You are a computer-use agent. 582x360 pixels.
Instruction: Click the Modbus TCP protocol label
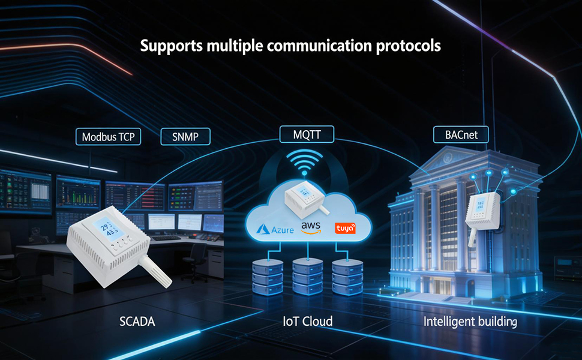(109, 137)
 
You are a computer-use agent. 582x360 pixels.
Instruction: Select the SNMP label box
(185, 137)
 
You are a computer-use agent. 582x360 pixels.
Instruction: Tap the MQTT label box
(307, 134)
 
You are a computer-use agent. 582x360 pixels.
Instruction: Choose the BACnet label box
(461, 135)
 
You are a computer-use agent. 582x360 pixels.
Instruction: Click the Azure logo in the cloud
(275, 229)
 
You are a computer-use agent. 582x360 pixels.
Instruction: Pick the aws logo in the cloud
(311, 227)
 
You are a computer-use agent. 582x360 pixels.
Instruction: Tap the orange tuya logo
(345, 228)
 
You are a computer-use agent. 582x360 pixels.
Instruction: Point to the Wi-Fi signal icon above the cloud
(304, 162)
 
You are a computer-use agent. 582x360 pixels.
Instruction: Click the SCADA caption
(137, 322)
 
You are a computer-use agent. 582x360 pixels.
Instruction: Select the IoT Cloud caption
(308, 322)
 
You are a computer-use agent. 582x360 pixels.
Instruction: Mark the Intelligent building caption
(470, 322)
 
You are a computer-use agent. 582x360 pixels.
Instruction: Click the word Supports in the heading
(172, 46)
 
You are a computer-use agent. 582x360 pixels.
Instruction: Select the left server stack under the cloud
(268, 277)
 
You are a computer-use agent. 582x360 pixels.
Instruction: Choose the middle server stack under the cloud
(308, 277)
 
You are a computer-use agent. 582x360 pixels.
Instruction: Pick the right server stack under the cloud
(347, 277)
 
